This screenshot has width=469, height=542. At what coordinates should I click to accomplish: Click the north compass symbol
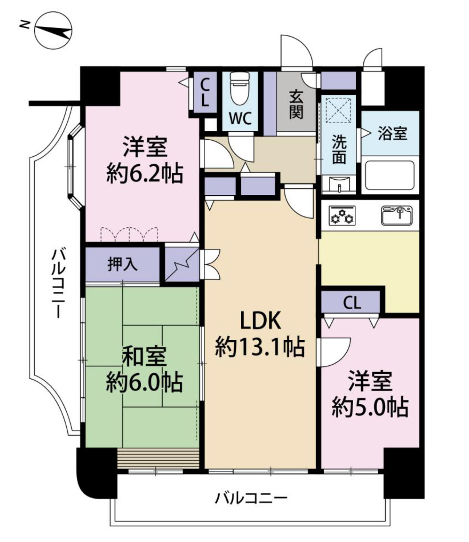53,30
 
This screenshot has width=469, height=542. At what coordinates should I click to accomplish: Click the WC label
240,118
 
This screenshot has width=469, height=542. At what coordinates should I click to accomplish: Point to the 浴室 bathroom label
392,134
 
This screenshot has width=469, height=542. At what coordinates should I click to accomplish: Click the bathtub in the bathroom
390,175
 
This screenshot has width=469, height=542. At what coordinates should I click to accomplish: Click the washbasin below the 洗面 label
339,185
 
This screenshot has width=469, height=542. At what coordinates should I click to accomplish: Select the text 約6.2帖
144,173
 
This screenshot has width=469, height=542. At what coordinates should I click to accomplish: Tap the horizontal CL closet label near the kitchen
352,303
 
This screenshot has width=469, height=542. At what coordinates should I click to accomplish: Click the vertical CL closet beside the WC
205,92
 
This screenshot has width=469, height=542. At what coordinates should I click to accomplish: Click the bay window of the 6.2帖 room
75,167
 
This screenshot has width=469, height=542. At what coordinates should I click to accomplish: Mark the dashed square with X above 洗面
338,110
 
